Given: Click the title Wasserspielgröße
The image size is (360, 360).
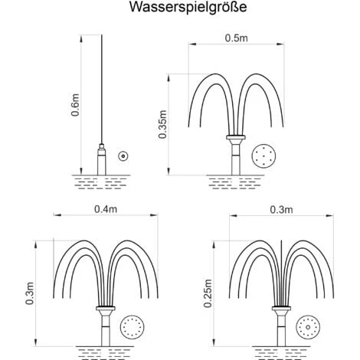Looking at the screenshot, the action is pos(188,8).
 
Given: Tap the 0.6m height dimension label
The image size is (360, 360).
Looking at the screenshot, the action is pos(75,105).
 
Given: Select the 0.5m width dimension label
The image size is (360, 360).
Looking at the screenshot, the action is pos(236,38).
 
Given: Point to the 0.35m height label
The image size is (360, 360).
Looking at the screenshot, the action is pos(162,124).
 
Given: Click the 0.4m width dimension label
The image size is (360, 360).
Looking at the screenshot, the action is pos(106,209).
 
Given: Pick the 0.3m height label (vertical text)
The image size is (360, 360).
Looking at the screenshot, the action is pos(30,293).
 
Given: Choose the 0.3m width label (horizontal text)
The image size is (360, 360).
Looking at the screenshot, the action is pos(281,210).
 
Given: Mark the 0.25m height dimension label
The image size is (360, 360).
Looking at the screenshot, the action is pos(208,293).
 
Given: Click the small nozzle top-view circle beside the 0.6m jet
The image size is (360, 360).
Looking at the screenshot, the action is pos(123,156).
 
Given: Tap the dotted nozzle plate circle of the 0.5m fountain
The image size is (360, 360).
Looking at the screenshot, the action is pos(264,156).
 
